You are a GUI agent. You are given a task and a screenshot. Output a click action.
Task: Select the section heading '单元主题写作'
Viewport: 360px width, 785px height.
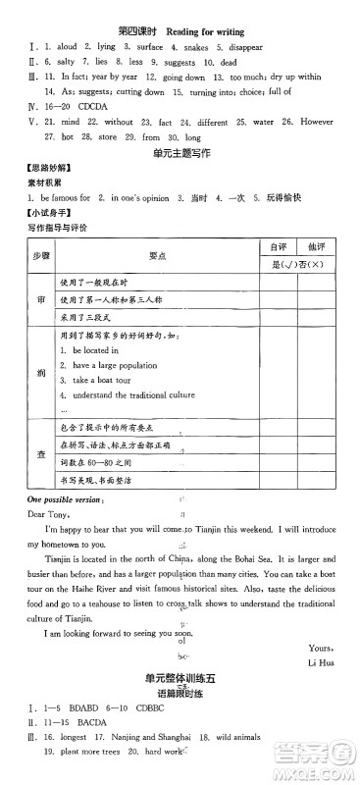[181, 156]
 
